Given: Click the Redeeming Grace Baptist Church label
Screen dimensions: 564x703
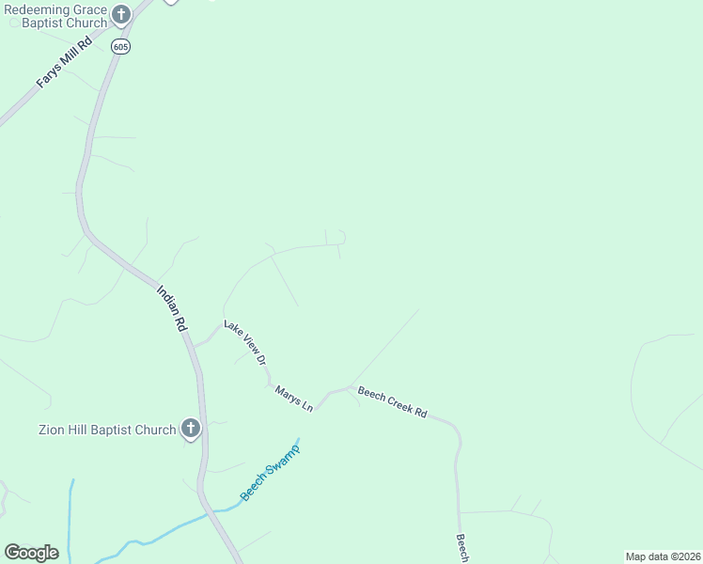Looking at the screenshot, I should (54, 15).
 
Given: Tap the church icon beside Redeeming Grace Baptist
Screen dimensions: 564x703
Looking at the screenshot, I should (121, 14).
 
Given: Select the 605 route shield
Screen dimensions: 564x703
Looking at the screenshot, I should (119, 46).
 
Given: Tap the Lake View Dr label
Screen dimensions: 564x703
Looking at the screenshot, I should (246, 344).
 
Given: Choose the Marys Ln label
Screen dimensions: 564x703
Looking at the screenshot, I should (294, 399).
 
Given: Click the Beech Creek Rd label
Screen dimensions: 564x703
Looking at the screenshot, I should (392, 401).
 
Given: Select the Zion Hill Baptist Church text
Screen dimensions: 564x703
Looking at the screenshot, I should (106, 431).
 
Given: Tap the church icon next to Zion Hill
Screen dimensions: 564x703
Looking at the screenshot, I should (190, 430).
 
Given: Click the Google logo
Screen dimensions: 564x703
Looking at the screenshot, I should (31, 553).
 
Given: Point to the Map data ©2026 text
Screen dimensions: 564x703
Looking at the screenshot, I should (663, 556).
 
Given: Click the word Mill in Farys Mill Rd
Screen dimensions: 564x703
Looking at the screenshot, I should (68, 59).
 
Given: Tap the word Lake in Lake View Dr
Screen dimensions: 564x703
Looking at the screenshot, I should (231, 328).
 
